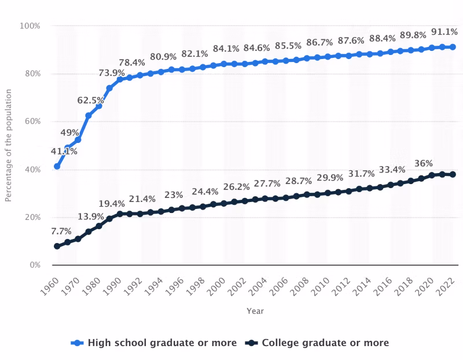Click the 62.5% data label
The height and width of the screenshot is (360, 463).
click(91, 100)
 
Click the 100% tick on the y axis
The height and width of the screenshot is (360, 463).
click(30, 26)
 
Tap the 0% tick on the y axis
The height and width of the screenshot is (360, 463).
click(34, 265)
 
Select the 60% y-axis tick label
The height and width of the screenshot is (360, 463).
click(32, 122)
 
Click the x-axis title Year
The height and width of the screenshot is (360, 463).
click(255, 311)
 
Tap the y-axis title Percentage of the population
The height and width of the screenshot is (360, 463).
click(9, 145)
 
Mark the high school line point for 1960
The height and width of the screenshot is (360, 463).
click(57, 167)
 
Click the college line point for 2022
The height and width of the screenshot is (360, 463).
click(453, 174)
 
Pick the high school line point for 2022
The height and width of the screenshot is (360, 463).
click(453, 47)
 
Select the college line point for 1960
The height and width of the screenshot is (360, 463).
click(57, 247)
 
